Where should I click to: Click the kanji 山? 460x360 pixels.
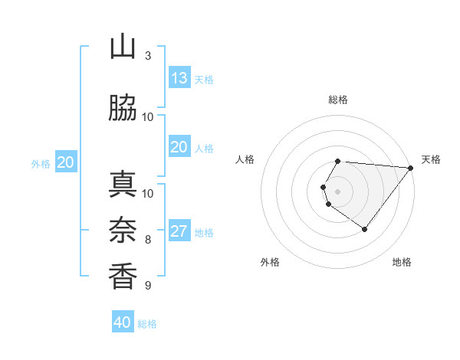point(123,47)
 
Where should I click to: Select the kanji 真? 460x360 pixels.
point(123,185)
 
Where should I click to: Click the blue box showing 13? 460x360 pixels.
point(179,78)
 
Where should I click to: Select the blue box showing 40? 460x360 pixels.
point(123,322)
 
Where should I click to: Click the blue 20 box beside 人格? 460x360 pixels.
point(179,148)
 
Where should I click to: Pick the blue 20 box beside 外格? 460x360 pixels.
point(66,162)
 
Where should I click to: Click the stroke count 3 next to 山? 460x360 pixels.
point(148,55)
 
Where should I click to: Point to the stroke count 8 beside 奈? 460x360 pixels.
point(148,240)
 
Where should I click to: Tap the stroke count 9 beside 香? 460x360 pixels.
point(148,286)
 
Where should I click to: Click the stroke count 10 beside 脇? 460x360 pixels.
point(148,116)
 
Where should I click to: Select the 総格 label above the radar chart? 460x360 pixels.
point(338,100)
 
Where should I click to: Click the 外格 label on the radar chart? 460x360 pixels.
point(270,262)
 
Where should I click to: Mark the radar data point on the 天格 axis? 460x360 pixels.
point(410,169)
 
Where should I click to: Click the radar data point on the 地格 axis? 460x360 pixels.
point(364,229)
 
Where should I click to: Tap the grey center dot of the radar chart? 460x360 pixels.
point(338,191)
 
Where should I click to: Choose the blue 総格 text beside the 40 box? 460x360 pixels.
point(147,324)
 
